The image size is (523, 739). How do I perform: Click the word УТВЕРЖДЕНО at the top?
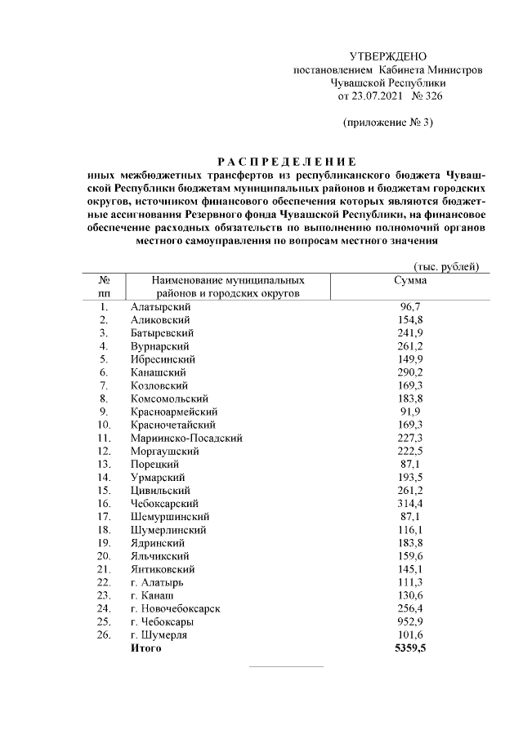[x=388, y=56]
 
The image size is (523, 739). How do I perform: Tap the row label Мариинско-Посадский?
[x=186, y=438]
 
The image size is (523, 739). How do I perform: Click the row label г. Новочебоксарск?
[x=175, y=608]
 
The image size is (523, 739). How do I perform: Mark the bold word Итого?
[x=146, y=648]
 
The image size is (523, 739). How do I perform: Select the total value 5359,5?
[x=410, y=648]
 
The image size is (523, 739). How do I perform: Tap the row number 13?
[x=104, y=464]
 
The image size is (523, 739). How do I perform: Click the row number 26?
[x=104, y=634]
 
